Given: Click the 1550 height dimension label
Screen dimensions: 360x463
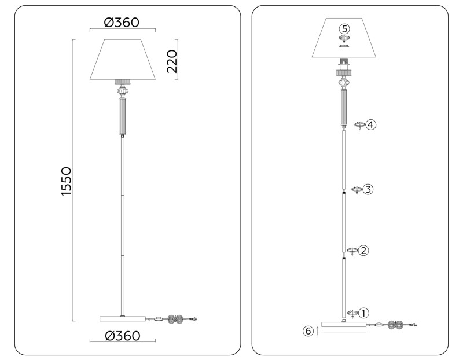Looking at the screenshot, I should click(66, 181).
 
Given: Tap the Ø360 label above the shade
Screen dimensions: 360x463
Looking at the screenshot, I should click(122, 23).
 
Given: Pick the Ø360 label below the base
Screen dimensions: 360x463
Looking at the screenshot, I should click(122, 336).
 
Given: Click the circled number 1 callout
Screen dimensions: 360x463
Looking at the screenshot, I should click(363, 313).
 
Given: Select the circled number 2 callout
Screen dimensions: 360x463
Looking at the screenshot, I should click(363, 251).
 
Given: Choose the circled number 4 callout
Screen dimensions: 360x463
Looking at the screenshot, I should click(370, 124).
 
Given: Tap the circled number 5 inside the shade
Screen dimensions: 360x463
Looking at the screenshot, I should click(344, 28).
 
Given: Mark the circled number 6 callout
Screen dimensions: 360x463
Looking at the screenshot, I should click(308, 331).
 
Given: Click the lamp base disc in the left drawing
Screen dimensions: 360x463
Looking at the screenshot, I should click(122, 319).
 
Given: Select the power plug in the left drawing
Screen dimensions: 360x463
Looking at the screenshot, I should click(195, 319).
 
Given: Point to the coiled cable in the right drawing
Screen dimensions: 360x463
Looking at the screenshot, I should click(396, 325).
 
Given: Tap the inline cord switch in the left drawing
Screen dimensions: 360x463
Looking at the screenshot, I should click(158, 319).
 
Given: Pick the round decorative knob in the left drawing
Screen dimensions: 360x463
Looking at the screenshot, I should click(122, 91).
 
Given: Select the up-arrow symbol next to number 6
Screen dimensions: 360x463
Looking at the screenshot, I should click(318, 332).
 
